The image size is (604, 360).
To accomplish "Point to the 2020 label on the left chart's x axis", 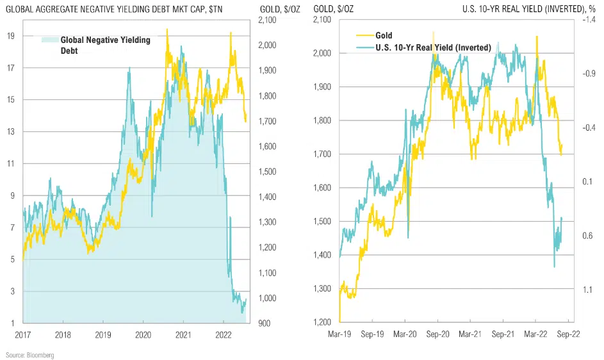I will (143, 334).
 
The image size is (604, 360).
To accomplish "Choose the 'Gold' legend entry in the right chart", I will (384, 36).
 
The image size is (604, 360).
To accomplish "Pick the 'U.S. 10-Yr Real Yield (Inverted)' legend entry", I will (433, 47).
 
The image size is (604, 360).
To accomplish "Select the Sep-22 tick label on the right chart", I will (569, 334).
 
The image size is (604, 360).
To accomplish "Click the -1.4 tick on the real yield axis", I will (589, 20).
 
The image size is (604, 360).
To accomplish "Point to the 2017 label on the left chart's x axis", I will (23, 334).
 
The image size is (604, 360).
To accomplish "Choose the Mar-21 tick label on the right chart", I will (471, 334).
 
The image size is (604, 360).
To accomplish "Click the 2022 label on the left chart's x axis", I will (224, 334).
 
